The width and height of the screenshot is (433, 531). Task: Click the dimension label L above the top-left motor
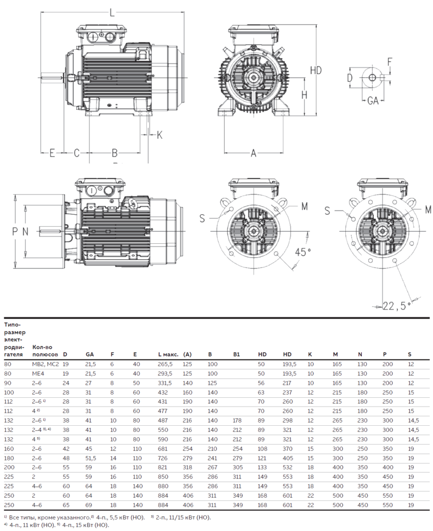coord(113,13)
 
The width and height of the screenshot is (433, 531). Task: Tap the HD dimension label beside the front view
coord(316,70)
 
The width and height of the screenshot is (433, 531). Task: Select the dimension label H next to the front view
coord(304,95)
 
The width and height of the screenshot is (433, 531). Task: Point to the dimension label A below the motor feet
coord(254,153)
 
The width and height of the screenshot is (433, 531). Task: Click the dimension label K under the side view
coord(159,135)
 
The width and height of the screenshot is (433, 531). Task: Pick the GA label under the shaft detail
coord(373,101)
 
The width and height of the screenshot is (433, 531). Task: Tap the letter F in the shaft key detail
coord(389,62)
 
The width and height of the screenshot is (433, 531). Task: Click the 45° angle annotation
coord(303,253)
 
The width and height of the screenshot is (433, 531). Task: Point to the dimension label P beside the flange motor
coord(15,231)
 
